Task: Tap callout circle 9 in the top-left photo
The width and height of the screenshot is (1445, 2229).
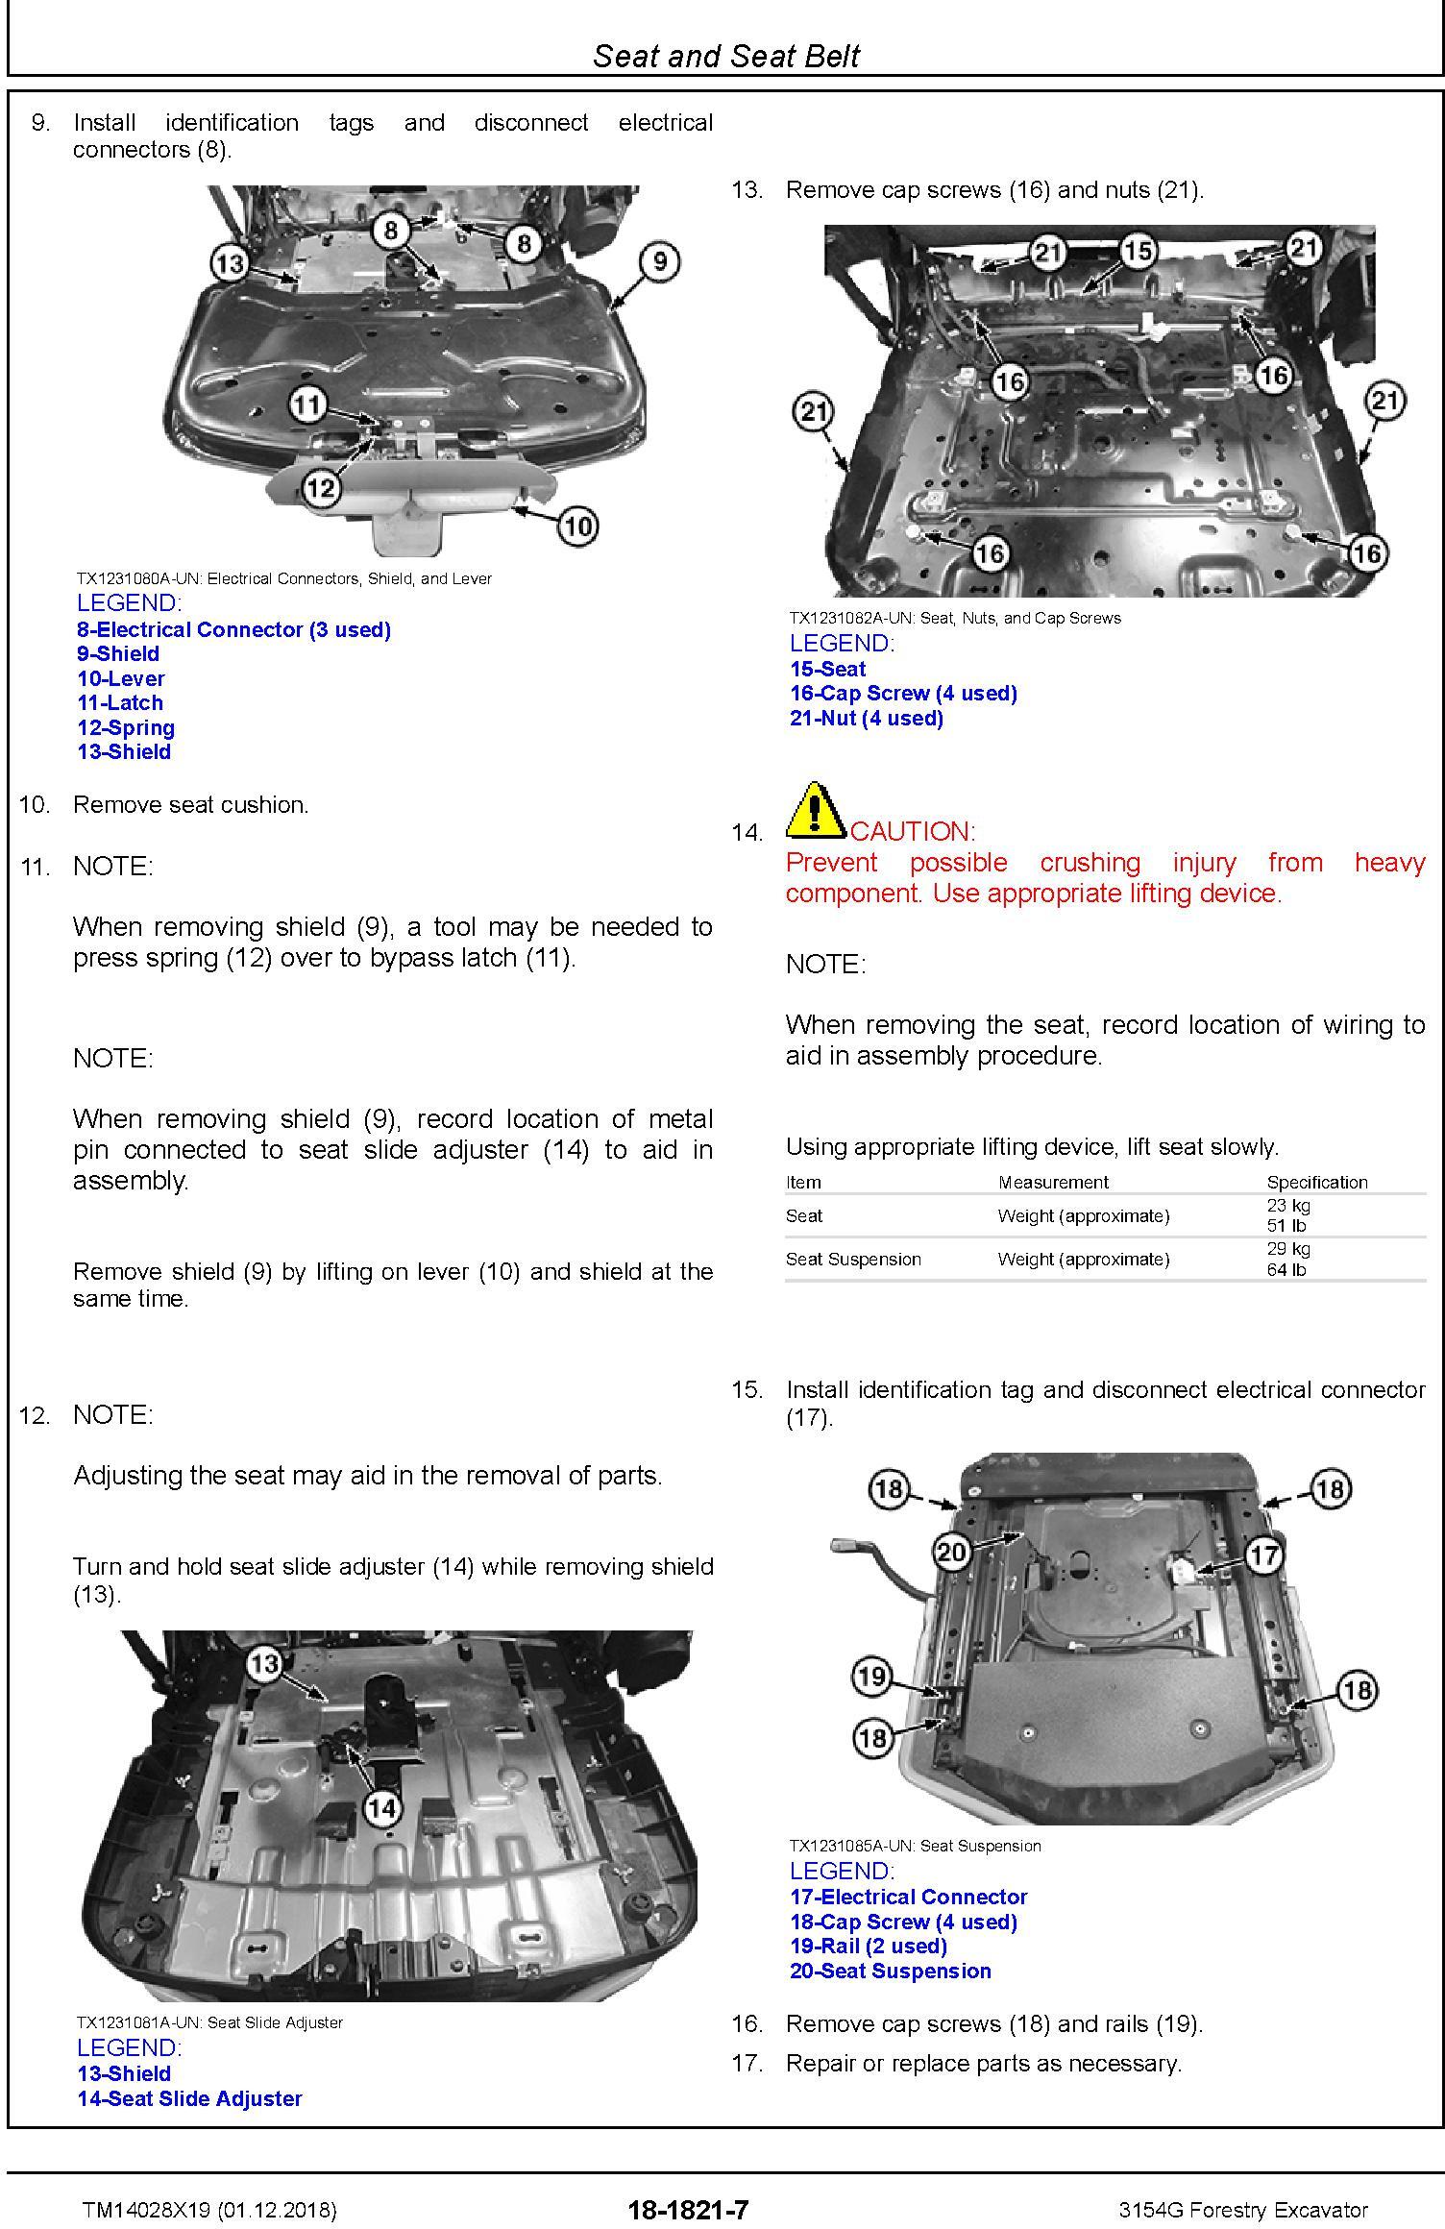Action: click(x=659, y=261)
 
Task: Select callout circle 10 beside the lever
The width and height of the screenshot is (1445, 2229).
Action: click(x=576, y=526)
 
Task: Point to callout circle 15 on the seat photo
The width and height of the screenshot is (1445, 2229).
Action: click(x=1138, y=252)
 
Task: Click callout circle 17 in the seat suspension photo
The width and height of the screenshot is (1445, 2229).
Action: click(x=1264, y=1554)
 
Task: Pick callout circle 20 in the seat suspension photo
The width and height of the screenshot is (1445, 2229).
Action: click(x=951, y=1552)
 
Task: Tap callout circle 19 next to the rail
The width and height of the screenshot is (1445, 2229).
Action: click(x=870, y=1678)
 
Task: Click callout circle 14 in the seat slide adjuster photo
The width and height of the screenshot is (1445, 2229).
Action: click(x=381, y=1808)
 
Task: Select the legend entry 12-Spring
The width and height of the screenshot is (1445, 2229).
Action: click(x=126, y=727)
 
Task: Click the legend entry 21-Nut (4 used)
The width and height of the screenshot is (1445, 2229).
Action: click(x=866, y=718)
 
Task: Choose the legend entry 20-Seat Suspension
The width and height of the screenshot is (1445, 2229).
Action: click(x=890, y=1971)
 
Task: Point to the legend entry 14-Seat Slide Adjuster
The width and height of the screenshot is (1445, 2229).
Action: click(x=189, y=2098)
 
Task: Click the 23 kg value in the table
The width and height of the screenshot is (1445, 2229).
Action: click(x=1287, y=1205)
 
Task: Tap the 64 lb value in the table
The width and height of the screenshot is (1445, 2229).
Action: click(x=1286, y=1269)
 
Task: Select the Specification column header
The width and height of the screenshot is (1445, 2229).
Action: click(x=1316, y=1182)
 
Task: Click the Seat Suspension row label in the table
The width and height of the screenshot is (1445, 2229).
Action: click(x=853, y=1259)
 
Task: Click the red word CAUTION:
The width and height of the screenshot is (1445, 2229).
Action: click(x=913, y=831)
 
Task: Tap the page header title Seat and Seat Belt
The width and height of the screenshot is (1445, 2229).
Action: click(x=725, y=56)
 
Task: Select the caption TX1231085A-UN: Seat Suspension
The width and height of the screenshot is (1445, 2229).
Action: click(x=915, y=1845)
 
